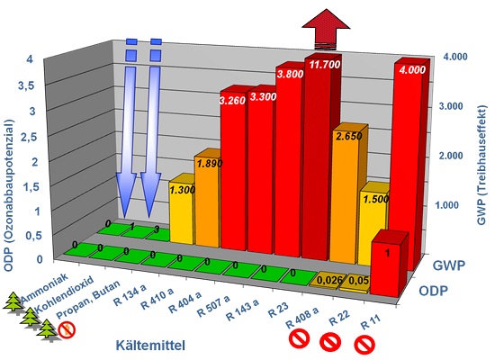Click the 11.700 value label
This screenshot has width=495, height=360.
tap(325, 65)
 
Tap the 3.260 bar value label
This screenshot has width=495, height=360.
tap(232, 101)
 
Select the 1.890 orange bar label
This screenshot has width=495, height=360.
tap(210, 163)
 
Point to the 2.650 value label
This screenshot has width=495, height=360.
tap(348, 136)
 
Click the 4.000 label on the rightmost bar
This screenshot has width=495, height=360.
tap(412, 70)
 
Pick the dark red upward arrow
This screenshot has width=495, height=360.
tap(326, 29)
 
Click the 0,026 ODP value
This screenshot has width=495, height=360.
tap(330, 280)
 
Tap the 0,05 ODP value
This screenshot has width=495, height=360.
tap(359, 281)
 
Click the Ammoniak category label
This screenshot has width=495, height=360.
tap(44, 288)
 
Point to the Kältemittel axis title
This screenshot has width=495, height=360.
tap(150, 345)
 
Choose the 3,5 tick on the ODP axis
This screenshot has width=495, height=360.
tap(26, 85)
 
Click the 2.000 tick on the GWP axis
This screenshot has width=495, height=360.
tap(451, 156)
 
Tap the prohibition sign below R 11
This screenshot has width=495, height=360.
tap(364, 345)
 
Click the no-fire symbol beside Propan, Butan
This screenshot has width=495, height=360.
tap(67, 330)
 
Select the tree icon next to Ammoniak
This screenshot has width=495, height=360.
tap(14, 302)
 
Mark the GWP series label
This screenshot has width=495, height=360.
tap(448, 265)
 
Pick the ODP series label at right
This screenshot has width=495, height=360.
tap(433, 291)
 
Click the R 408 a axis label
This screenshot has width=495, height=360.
tap(302, 317)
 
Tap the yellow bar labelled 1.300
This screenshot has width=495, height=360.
tap(181, 209)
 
